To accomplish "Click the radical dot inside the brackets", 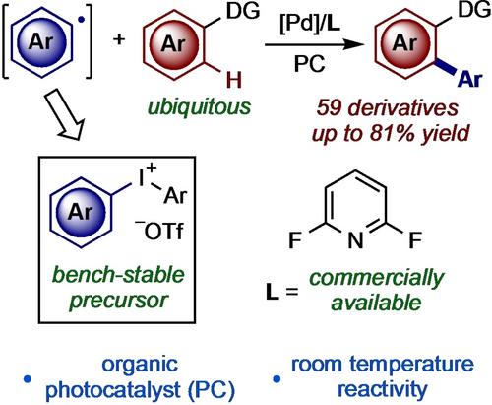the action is point(82,20).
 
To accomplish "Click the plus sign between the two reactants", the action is point(119,39).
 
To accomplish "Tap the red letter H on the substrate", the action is point(234,80).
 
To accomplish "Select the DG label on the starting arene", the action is point(243,11).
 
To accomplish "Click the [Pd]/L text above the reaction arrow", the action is point(309,24).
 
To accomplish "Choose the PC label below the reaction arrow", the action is point(309,63).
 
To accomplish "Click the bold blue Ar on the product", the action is point(470,79).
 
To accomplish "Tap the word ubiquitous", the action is point(199,107).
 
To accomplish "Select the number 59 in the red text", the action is point(330,108).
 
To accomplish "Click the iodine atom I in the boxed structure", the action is point(142,179).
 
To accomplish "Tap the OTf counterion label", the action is point(159,232).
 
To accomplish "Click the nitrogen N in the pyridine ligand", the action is point(355,240).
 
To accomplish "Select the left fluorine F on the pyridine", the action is point(295,240).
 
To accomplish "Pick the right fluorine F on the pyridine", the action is point(415,240).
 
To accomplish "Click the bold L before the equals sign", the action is point(272,292).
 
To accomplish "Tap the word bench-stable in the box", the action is point(119,275).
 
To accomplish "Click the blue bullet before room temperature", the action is point(277,379).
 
